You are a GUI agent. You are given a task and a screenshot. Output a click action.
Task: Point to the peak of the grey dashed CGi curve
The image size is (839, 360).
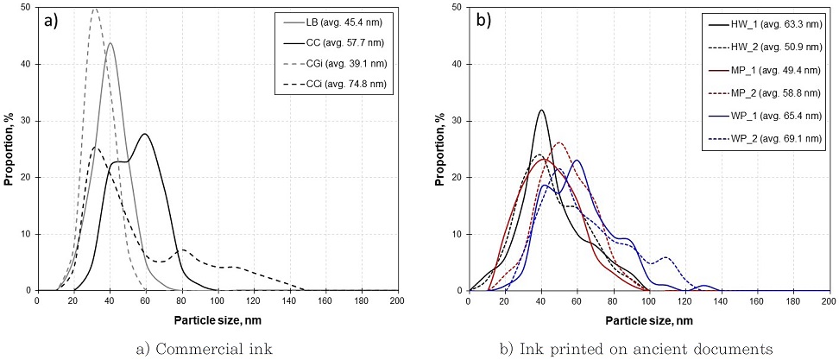pyautogui.click(x=95, y=9)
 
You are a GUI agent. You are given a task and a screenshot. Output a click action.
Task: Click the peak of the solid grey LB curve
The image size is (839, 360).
pyautogui.click(x=110, y=43)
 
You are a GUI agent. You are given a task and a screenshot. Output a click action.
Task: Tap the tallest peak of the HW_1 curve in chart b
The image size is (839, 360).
pyautogui.click(x=541, y=111)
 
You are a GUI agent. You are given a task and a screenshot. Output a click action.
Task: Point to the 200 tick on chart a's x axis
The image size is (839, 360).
pyautogui.click(x=396, y=300)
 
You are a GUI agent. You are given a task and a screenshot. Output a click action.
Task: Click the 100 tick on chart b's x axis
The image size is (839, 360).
pyautogui.click(x=647, y=300)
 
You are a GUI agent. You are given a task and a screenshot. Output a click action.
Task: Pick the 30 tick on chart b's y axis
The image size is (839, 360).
pyautogui.click(x=457, y=121)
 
